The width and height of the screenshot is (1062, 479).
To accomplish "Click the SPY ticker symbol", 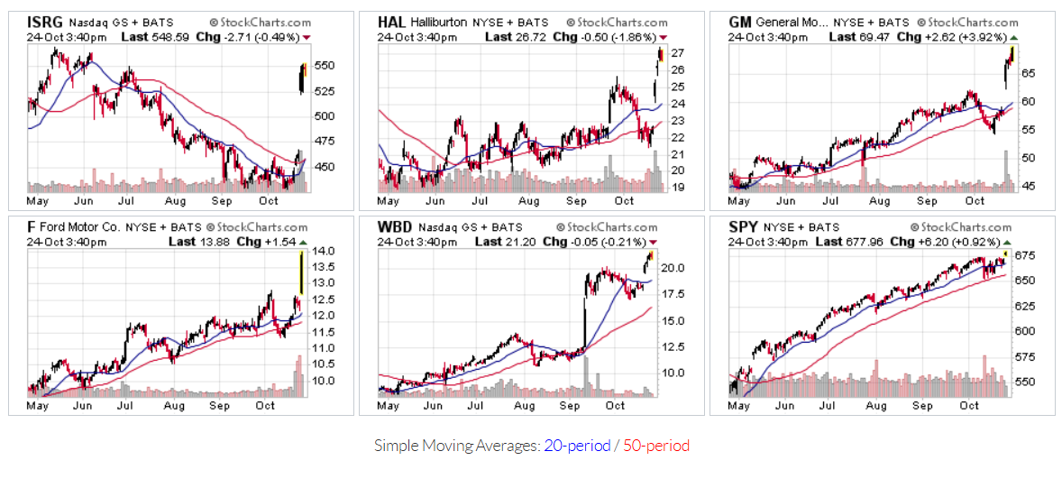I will (743, 227).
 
